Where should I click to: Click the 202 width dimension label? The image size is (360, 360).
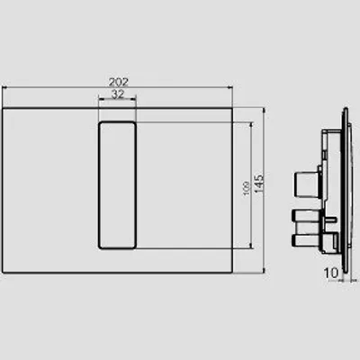click(x=118, y=82)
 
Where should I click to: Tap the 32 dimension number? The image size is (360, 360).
click(x=118, y=94)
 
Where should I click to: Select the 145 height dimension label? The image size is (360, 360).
click(x=258, y=184)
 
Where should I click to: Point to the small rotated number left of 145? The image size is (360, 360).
click(x=247, y=188)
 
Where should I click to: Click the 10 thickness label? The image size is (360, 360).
click(x=330, y=273)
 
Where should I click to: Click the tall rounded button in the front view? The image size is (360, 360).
click(x=117, y=185)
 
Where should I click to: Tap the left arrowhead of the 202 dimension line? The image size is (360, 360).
click(x=4, y=87)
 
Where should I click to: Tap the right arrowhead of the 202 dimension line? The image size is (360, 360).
click(x=229, y=87)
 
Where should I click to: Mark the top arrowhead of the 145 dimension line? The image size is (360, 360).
click(x=264, y=111)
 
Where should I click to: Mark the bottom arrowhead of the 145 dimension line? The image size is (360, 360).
click(x=264, y=270)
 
